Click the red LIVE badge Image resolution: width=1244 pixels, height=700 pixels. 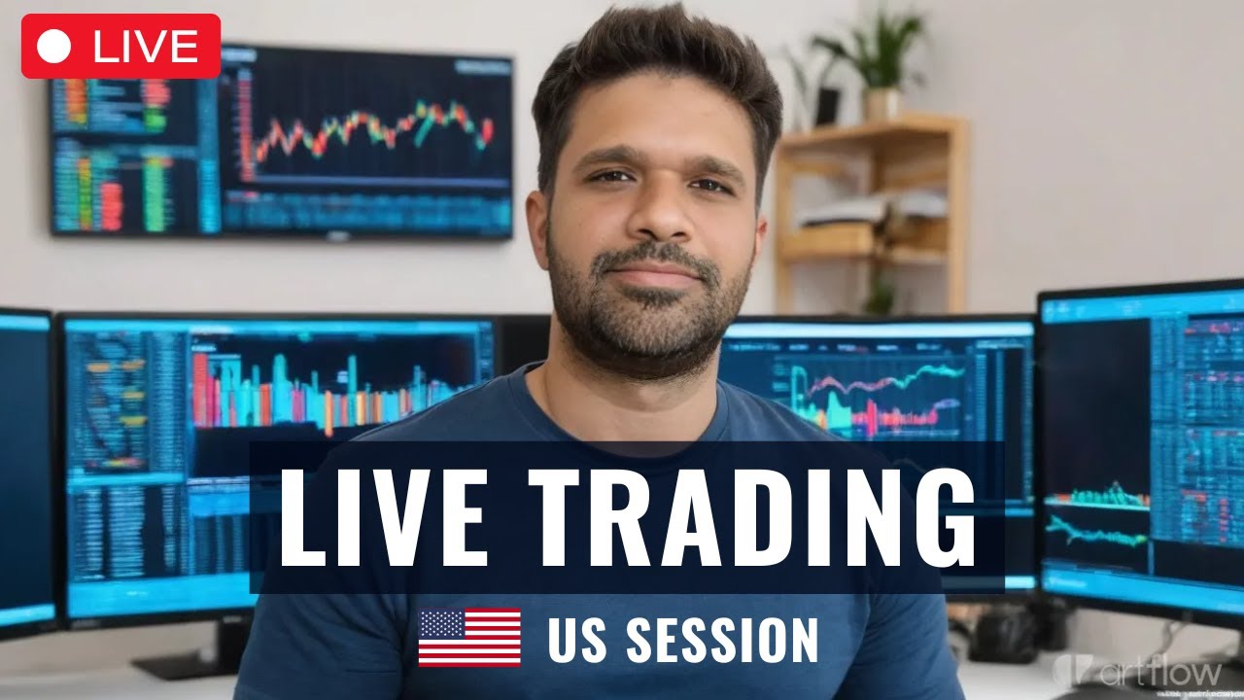[x=121, y=46]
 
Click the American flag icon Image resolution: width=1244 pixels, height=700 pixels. [x=469, y=638]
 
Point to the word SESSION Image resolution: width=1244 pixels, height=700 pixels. [x=721, y=640]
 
